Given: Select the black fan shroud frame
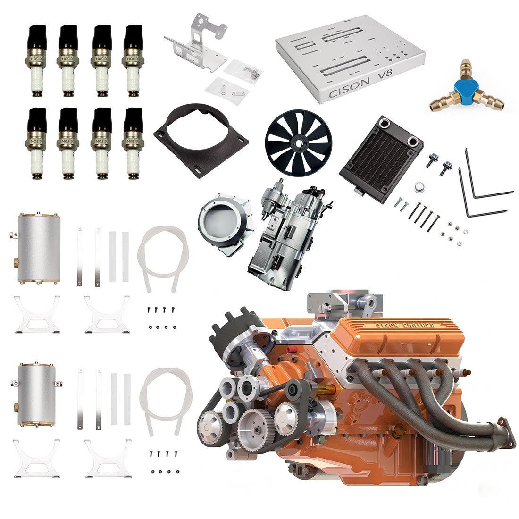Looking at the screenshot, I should click(201, 139).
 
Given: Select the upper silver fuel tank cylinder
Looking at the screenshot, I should click(39, 248).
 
